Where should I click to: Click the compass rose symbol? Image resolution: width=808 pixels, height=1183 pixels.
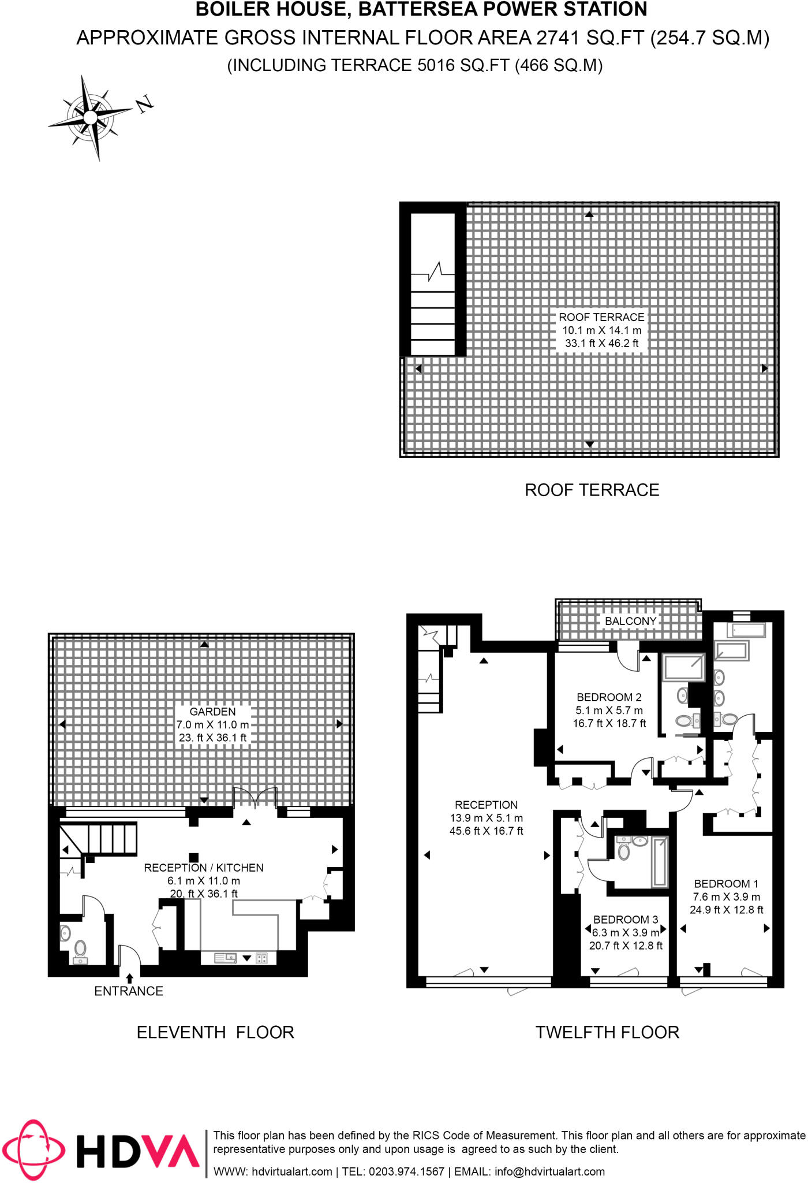pyautogui.click(x=90, y=117)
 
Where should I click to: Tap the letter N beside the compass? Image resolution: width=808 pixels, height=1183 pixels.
pyautogui.click(x=144, y=103)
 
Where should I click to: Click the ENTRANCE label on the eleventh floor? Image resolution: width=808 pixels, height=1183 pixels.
pyautogui.click(x=129, y=991)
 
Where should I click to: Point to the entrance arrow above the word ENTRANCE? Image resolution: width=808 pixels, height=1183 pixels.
pyautogui.click(x=129, y=978)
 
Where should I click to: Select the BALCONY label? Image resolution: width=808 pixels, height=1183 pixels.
pyautogui.click(x=630, y=621)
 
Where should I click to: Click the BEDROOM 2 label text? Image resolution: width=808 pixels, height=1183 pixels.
pyautogui.click(x=609, y=697)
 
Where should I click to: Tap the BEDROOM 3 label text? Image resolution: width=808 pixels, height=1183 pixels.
pyautogui.click(x=626, y=920)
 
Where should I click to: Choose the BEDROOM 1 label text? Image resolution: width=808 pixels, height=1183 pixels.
pyautogui.click(x=726, y=884)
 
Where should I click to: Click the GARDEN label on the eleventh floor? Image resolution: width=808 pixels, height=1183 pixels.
pyautogui.click(x=212, y=712)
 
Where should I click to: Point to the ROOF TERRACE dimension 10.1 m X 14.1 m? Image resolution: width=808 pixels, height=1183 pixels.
pyautogui.click(x=602, y=330)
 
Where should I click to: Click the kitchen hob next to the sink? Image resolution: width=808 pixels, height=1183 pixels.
pyautogui.click(x=261, y=958)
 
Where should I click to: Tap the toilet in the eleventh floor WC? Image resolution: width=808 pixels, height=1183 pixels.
pyautogui.click(x=80, y=948)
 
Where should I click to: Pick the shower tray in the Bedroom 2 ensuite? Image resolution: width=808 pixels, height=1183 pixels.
pyautogui.click(x=683, y=668)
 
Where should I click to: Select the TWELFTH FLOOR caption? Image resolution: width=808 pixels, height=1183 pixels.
pyautogui.click(x=607, y=1032)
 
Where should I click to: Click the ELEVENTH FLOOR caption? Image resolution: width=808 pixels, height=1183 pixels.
pyautogui.click(x=215, y=1032)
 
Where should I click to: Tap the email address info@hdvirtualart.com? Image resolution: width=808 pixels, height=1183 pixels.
pyautogui.click(x=549, y=1171)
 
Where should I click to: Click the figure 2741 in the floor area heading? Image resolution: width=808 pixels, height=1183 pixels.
pyautogui.click(x=558, y=38)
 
